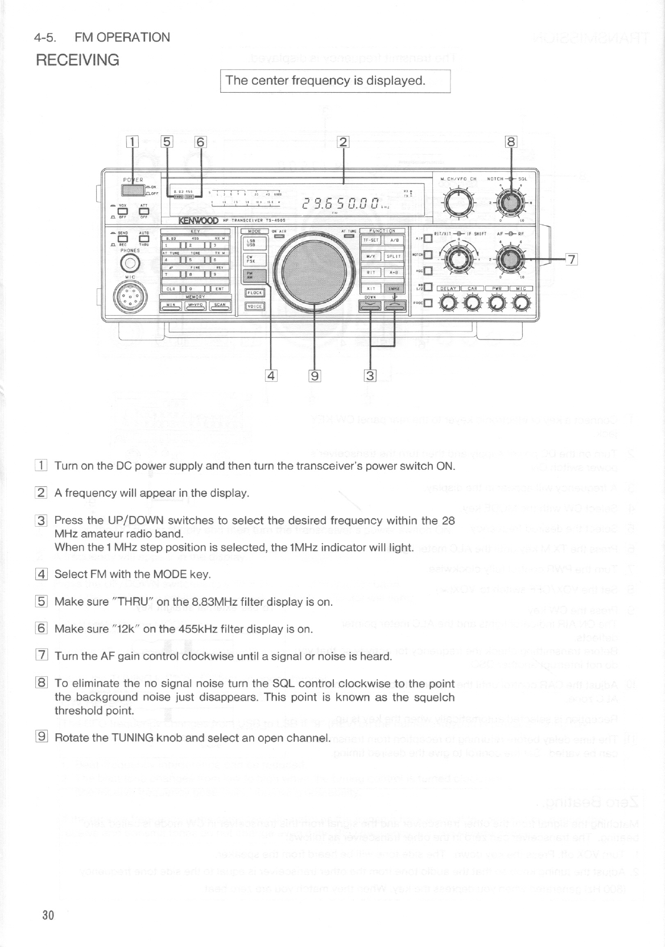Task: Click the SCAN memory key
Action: point(220,307)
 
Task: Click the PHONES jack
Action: point(130,263)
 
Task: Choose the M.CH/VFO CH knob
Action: point(459,201)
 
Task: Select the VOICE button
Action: point(254,306)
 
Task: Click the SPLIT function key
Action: point(394,257)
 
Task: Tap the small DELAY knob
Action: point(448,303)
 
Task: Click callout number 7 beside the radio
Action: point(572,260)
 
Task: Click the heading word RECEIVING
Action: point(77,60)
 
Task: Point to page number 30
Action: point(47,915)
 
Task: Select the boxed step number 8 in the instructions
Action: point(41,683)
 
